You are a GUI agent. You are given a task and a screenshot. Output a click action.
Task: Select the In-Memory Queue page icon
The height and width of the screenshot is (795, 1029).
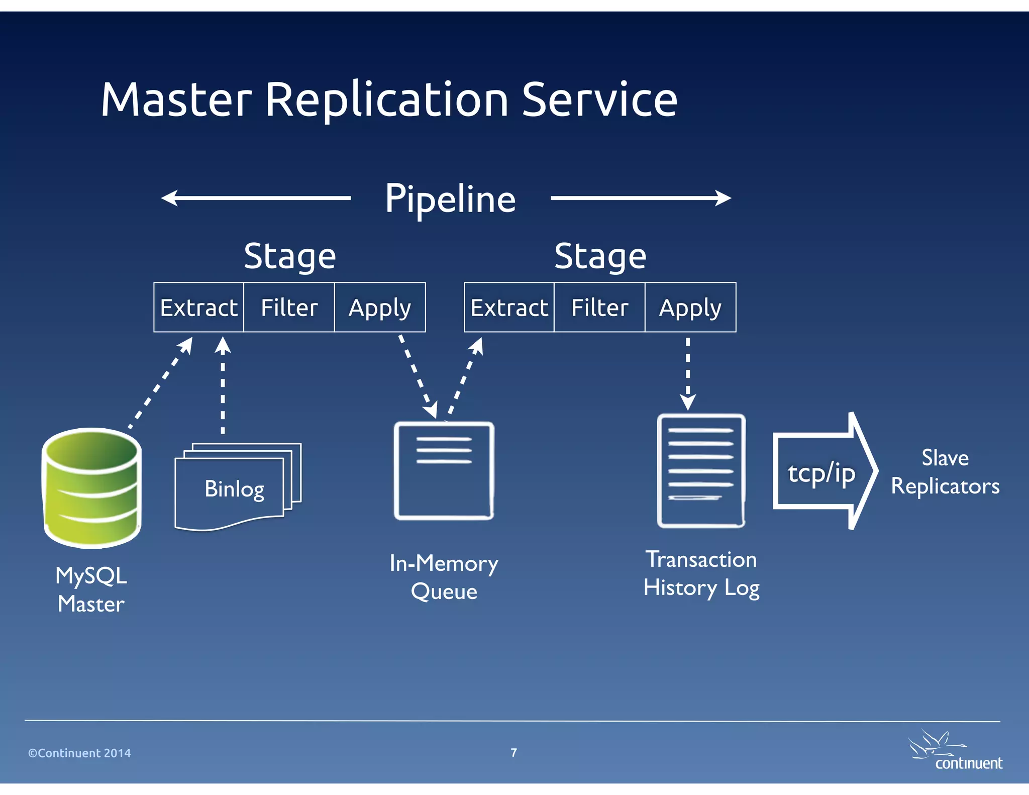pyautogui.click(x=444, y=471)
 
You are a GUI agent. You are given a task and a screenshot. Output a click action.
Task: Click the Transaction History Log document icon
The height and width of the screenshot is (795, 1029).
pyautogui.click(x=701, y=471)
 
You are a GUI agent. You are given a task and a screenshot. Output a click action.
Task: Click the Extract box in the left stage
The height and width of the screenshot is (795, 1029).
pyautogui.click(x=199, y=308)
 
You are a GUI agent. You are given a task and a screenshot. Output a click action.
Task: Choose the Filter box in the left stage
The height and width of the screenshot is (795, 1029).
pyautogui.click(x=289, y=308)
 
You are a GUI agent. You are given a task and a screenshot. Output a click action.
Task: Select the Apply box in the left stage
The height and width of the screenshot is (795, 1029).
pyautogui.click(x=380, y=308)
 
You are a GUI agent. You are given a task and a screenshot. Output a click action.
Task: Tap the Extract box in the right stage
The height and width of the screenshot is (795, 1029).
pyautogui.click(x=509, y=308)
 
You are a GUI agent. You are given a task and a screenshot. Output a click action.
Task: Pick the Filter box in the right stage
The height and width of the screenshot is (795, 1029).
pyautogui.click(x=600, y=308)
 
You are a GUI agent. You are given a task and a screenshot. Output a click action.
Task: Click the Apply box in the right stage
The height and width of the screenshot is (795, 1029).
pyautogui.click(x=690, y=308)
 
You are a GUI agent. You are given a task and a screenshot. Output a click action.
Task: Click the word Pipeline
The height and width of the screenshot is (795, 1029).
pyautogui.click(x=450, y=199)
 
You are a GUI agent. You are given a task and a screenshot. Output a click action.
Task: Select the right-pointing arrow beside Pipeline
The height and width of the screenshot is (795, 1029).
pyautogui.click(x=641, y=198)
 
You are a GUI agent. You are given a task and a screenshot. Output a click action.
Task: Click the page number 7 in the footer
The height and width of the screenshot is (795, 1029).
pyautogui.click(x=513, y=752)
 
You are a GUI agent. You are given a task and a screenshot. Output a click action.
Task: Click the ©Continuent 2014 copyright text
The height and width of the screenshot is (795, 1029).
pyautogui.click(x=79, y=753)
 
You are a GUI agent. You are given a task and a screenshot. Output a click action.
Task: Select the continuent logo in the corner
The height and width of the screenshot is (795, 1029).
pyautogui.click(x=955, y=751)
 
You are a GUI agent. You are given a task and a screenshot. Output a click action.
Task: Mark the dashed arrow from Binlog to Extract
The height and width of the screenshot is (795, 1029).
pyautogui.click(x=223, y=384)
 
